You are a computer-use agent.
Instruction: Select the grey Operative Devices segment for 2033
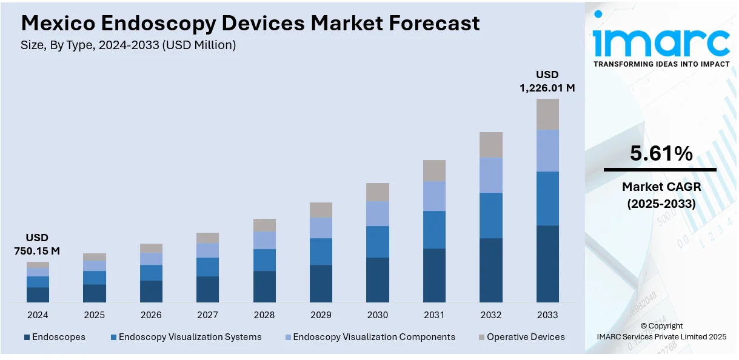click(547, 114)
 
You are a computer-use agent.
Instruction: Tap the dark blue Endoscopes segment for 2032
click(491, 270)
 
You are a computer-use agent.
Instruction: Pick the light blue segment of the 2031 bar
click(434, 196)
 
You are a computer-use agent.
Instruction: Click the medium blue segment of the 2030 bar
click(378, 242)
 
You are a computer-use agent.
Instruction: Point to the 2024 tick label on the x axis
click(38, 315)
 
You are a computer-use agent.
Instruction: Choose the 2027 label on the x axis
click(207, 315)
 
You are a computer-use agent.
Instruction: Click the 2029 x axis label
click(321, 315)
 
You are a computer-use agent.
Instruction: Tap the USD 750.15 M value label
click(37, 244)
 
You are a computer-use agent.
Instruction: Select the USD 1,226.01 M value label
click(547, 81)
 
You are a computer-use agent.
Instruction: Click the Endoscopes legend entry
click(55, 337)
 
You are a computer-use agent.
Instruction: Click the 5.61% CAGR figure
click(661, 154)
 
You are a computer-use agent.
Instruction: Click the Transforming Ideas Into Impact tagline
click(661, 64)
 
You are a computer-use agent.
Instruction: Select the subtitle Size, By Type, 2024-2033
click(129, 45)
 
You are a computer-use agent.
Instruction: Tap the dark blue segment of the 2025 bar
click(95, 293)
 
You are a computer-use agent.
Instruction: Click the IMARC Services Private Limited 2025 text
click(661, 336)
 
